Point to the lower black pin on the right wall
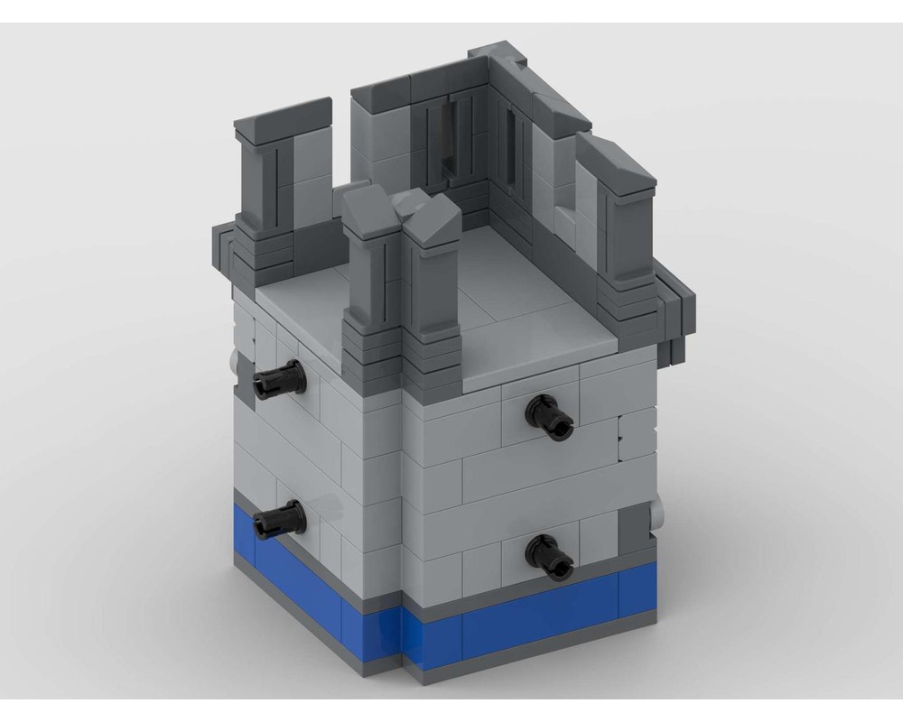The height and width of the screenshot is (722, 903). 548,552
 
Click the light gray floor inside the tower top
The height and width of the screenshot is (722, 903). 506,289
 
